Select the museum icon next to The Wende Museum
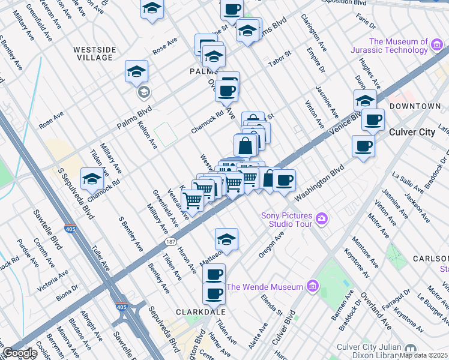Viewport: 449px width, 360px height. coord(312,287)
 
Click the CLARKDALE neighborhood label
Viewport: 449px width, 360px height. coord(200,313)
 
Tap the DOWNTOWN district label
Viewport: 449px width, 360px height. coord(415,106)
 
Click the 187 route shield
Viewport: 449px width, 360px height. coord(170,242)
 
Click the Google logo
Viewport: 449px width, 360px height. coord(19,353)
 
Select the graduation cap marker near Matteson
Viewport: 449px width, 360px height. coord(226,239)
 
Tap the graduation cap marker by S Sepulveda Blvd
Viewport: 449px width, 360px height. coord(92,179)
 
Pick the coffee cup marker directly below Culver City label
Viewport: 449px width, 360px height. coord(363,146)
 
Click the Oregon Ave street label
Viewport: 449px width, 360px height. coord(271,245)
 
